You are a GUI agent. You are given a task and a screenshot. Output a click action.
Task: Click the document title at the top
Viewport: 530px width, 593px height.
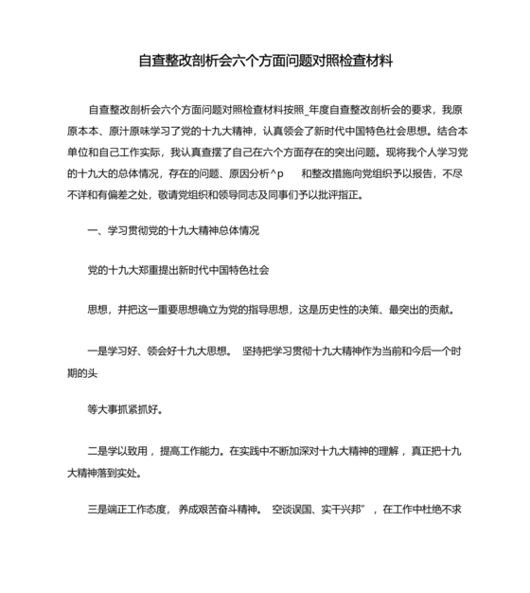click(x=265, y=61)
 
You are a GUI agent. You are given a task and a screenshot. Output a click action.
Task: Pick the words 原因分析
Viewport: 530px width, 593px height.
click(x=247, y=173)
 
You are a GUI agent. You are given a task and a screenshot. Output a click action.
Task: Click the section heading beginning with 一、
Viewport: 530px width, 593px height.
click(x=172, y=230)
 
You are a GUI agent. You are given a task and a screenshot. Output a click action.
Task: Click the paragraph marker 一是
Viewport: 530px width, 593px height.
click(x=99, y=350)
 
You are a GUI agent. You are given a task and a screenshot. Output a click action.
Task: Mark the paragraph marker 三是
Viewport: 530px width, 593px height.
click(x=99, y=509)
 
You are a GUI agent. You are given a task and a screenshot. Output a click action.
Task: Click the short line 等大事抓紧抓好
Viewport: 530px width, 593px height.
click(x=125, y=409)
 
